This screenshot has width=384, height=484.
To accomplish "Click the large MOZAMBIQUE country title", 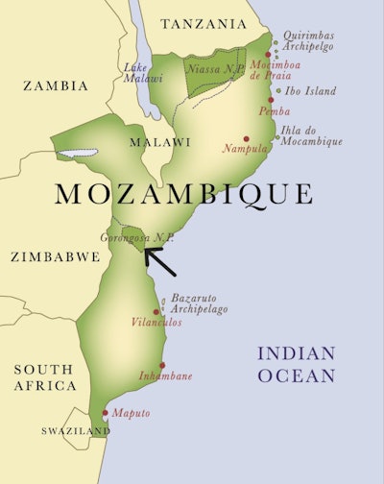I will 183,194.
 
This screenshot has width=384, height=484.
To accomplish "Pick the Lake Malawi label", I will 143,72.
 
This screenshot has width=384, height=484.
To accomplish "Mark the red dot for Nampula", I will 247,138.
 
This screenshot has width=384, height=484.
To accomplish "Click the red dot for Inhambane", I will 162,365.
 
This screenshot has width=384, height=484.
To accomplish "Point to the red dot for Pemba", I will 271,99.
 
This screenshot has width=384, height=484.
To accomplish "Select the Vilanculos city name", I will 156,323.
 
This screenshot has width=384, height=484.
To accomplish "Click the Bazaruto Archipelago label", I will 201,303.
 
